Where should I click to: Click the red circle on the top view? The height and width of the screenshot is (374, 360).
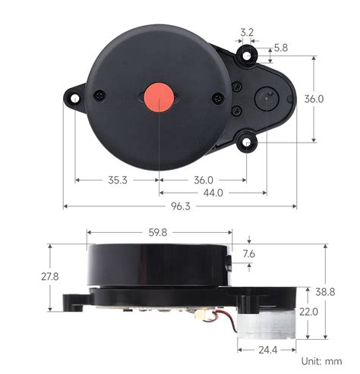(x=159, y=98)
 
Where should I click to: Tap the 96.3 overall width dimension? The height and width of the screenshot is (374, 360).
(x=181, y=207)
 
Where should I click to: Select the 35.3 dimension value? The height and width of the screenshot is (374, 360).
(x=118, y=181)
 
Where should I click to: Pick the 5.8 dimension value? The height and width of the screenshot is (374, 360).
(x=281, y=47)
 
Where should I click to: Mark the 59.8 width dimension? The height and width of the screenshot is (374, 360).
(x=158, y=233)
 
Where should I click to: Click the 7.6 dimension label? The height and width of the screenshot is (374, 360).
(x=249, y=255)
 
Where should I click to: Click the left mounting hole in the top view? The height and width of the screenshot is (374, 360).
(x=74, y=98)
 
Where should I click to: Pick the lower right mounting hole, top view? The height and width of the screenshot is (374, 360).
(x=246, y=141)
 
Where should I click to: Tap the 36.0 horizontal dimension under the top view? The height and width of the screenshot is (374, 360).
(x=204, y=181)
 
